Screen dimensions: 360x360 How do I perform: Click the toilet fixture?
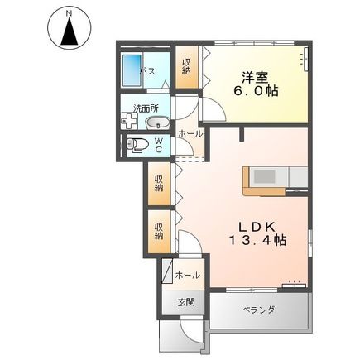click(x=139, y=146)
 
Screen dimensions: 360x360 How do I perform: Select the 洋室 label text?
click(x=254, y=75)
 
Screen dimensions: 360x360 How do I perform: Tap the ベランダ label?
click(x=258, y=310)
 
